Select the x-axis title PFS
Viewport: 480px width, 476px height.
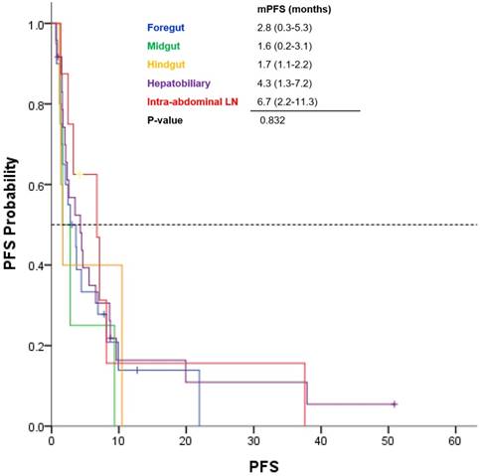(x=263, y=465)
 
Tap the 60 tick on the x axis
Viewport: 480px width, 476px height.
(x=455, y=440)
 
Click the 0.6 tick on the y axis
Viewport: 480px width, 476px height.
(x=35, y=185)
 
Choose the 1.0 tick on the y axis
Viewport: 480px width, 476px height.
(x=35, y=24)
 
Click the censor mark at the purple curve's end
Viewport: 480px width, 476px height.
(x=395, y=404)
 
